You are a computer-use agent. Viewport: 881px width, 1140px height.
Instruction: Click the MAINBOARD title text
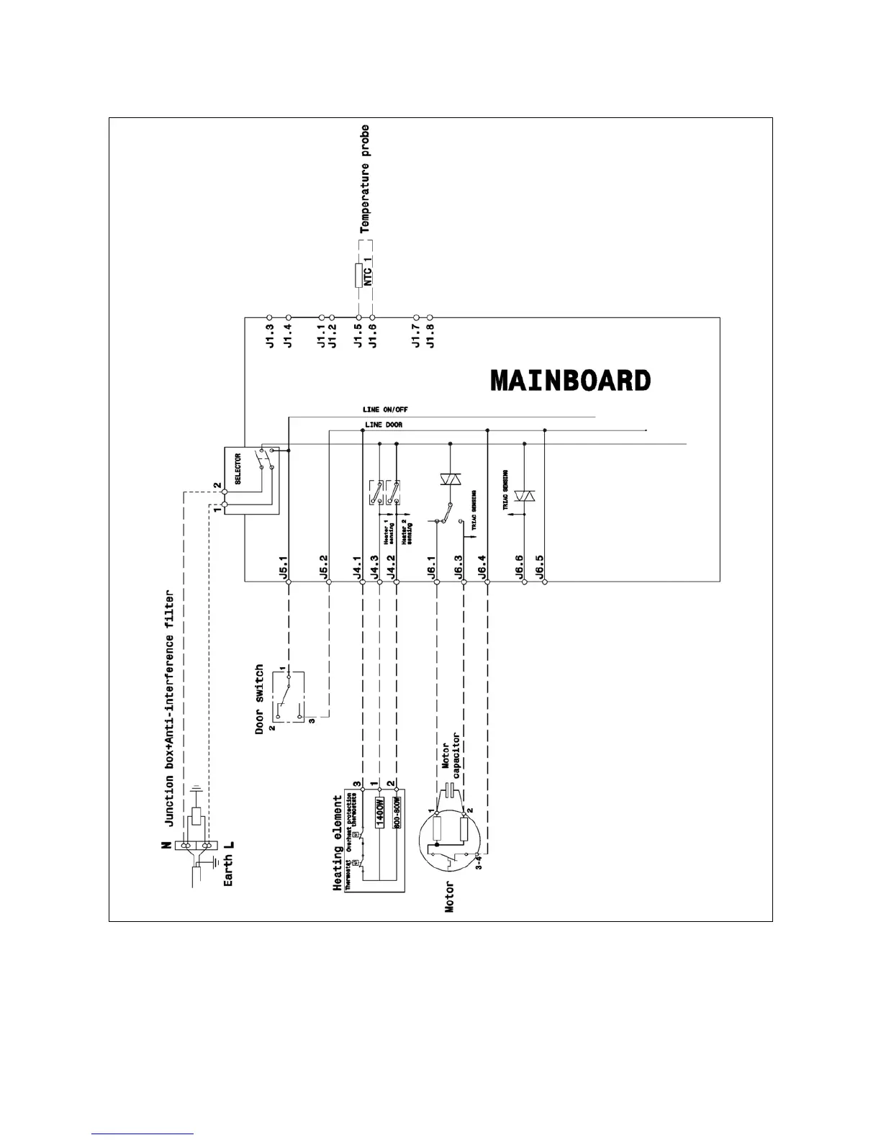(x=570, y=380)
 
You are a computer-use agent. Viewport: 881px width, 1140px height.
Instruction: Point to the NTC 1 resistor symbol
(x=358, y=276)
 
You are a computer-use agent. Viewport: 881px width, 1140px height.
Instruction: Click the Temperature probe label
(x=365, y=178)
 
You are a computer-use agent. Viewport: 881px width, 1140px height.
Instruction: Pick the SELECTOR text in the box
(x=238, y=468)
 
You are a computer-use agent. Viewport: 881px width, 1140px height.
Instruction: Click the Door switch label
(x=260, y=698)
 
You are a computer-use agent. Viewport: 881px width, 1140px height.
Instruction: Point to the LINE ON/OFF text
(x=385, y=410)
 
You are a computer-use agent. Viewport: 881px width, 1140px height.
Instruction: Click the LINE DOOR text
(x=384, y=425)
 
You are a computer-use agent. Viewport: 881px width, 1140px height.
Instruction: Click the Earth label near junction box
(x=228, y=869)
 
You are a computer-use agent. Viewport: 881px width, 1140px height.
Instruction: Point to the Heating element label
(x=337, y=843)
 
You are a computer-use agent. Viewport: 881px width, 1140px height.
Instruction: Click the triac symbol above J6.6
(x=524, y=496)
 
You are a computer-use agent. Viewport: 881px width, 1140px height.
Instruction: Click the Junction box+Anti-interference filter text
(x=170, y=709)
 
